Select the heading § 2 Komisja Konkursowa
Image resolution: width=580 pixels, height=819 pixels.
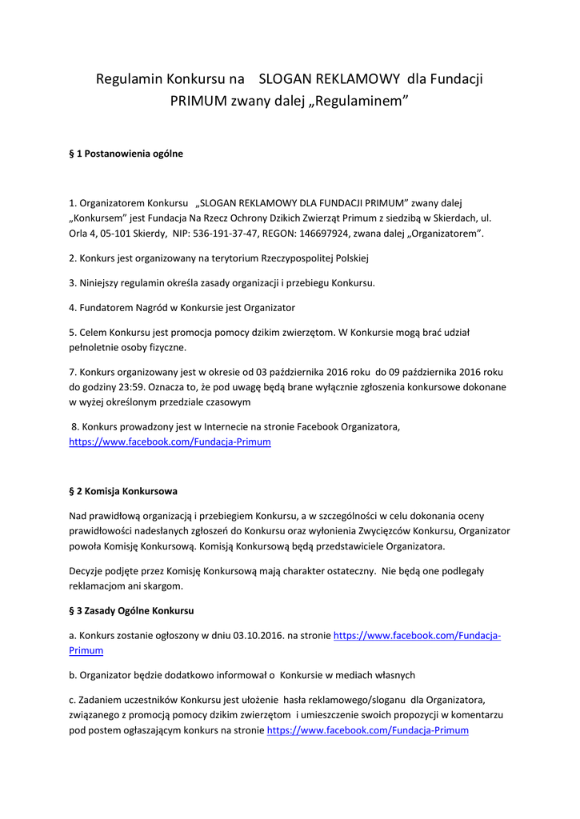tap(123, 491)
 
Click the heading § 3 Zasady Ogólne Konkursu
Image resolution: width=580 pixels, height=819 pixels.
tap(131, 610)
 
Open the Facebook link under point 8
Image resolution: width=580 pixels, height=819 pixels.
tap(170, 441)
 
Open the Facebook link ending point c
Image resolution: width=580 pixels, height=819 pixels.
tap(367, 730)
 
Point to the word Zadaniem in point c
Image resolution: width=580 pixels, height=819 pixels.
tap(103, 700)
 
